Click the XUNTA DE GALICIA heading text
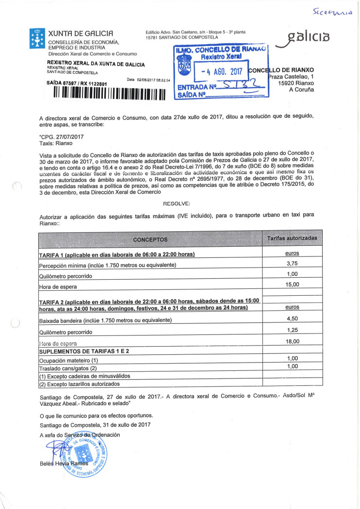click(x=81, y=34)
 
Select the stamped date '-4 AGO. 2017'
click(x=217, y=71)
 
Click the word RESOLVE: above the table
click(x=177, y=204)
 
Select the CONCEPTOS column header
click(x=150, y=239)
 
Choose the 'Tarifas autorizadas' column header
click(x=292, y=239)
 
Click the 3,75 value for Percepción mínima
click(x=292, y=263)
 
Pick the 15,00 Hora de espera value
click(x=292, y=285)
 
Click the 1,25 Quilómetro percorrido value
click(x=292, y=330)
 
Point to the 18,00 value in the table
click(x=292, y=341)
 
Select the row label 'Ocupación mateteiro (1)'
click(x=68, y=361)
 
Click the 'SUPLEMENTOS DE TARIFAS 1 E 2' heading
click(x=84, y=351)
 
